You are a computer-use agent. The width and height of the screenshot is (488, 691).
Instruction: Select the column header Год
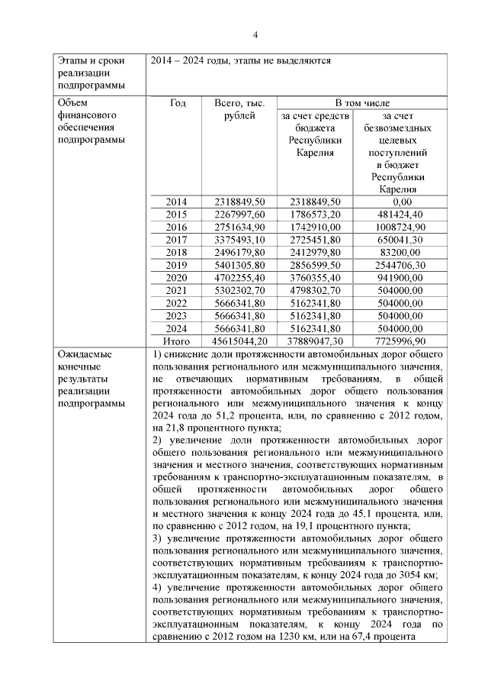(178, 103)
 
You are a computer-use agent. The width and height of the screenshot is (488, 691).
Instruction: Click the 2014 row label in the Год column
(177, 202)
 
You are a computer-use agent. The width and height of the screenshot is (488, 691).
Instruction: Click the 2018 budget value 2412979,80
(315, 253)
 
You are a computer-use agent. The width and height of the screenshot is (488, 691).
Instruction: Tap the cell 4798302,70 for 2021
(315, 291)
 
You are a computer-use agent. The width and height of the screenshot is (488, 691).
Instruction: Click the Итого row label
(177, 341)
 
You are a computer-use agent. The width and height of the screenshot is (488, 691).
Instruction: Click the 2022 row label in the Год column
(177, 303)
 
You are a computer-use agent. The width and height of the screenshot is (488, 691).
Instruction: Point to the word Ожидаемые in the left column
(83, 355)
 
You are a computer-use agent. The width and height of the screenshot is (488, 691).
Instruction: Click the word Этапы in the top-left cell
(73, 60)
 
